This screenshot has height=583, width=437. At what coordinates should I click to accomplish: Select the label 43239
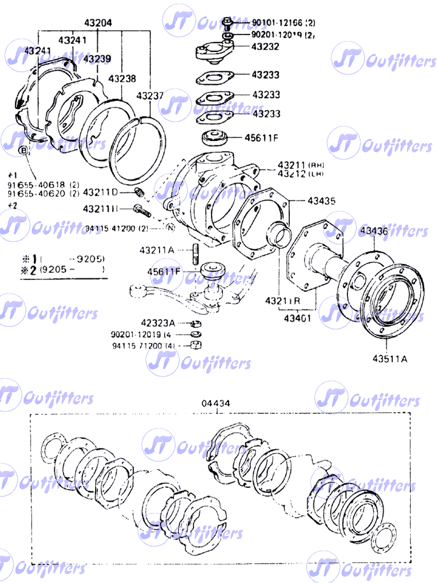[x=97, y=59]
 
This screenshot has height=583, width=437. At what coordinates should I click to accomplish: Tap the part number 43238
[x=122, y=79]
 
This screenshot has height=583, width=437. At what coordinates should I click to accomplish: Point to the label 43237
[x=150, y=96]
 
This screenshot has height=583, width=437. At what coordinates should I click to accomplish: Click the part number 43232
[x=265, y=47]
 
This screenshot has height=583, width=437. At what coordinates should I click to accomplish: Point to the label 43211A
[x=157, y=251]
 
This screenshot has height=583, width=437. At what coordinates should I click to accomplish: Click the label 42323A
[x=157, y=323]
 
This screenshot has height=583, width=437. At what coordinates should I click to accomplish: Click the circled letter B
[x=23, y=151]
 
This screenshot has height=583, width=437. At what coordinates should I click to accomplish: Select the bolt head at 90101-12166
[x=227, y=22]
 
